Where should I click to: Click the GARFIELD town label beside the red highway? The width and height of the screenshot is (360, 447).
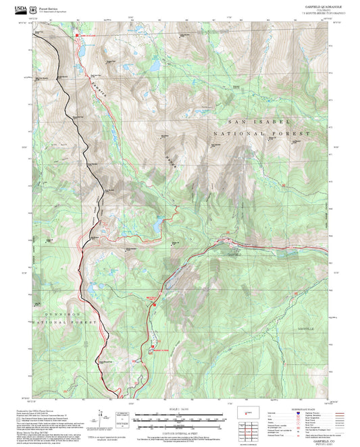pos(234,256)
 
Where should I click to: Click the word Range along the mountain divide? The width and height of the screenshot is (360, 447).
pos(168,163)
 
